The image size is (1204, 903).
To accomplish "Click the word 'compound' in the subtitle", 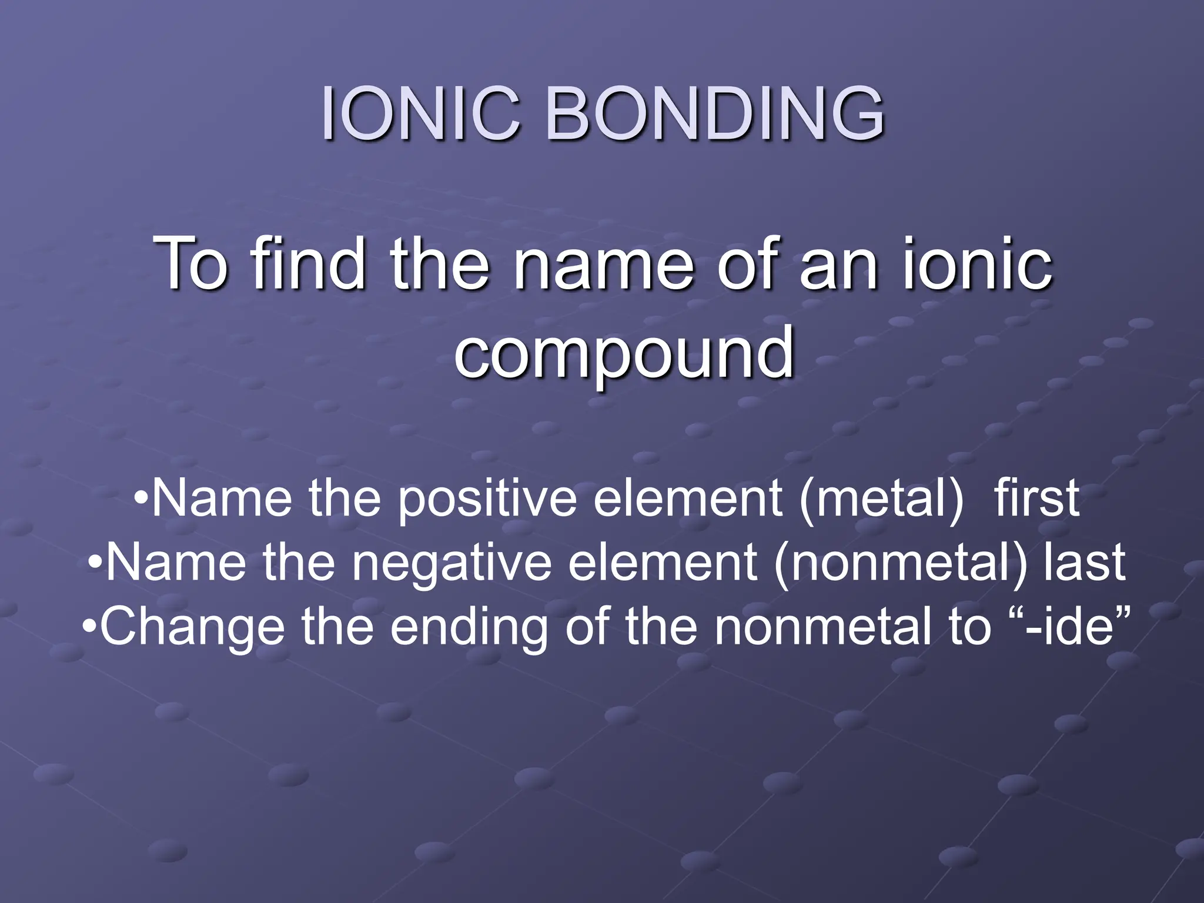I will [624, 353].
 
